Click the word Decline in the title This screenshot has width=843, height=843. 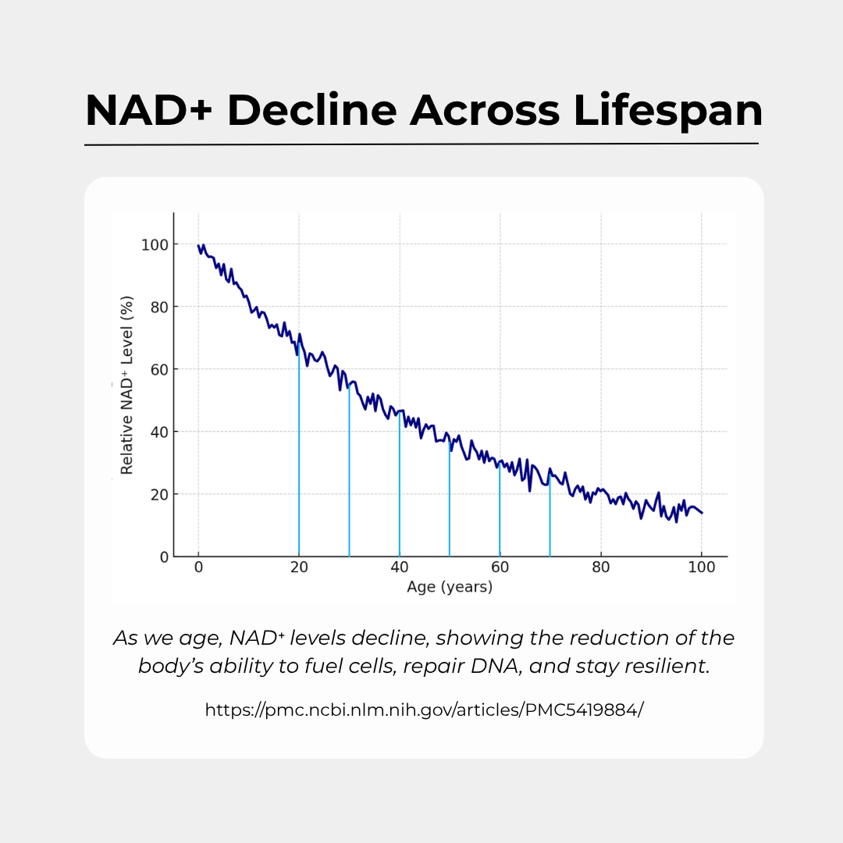tap(311, 111)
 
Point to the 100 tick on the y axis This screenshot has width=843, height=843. tap(155, 244)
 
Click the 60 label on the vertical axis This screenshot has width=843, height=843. tap(158, 369)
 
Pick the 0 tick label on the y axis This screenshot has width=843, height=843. tap(164, 557)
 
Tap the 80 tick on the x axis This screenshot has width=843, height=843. tap(601, 568)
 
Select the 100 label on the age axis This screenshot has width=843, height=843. tap(701, 568)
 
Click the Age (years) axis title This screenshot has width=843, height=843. tap(450, 587)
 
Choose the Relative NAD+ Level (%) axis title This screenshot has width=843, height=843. tap(127, 386)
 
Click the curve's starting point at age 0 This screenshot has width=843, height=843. tap(199, 246)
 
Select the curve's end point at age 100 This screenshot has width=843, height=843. tap(702, 513)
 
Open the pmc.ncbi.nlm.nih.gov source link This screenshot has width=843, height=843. tap(424, 710)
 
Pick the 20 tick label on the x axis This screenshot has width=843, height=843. tap(299, 568)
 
